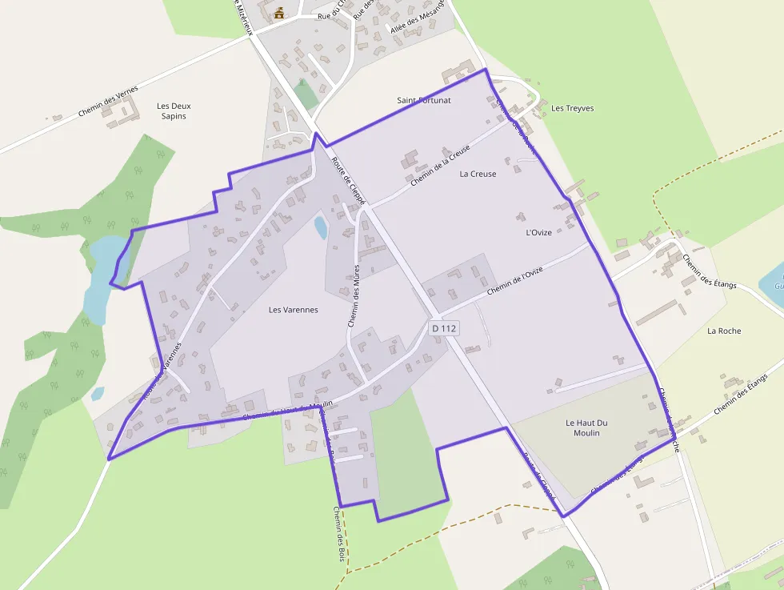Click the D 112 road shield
443,328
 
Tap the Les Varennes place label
294,310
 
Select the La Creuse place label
478,174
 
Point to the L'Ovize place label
538,232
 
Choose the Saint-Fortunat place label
424,101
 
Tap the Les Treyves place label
573,108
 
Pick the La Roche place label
724,331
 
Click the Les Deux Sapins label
174,110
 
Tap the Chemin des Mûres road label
354,297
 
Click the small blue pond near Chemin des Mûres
321,227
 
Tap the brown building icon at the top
279,13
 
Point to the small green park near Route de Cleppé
306,94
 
